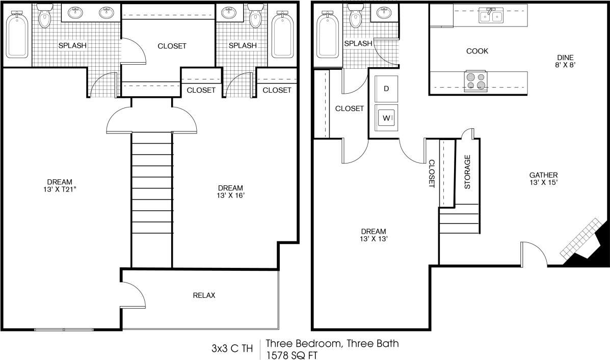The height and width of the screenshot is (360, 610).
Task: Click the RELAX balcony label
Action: click(204, 295)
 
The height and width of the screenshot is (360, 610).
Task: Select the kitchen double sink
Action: click(490, 17)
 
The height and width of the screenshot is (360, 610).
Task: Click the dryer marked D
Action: click(386, 89)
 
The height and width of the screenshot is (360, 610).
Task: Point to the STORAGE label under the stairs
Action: click(467, 172)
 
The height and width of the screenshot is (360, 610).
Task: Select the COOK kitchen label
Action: click(477, 51)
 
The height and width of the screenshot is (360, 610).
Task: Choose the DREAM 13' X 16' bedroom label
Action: click(230, 191)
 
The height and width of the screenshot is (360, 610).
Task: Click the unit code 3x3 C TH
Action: click(232, 349)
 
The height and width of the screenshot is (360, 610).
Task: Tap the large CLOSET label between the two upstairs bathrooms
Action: click(172, 46)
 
